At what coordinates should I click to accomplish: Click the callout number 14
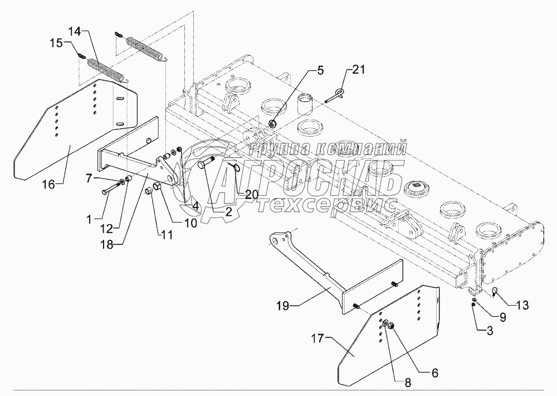point(75,31)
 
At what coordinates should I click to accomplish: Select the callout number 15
point(56,43)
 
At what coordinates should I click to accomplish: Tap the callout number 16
point(48,185)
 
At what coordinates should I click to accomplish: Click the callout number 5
point(320,70)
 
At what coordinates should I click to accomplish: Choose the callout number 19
point(284,306)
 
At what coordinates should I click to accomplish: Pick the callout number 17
point(319,339)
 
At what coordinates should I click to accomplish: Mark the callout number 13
point(522,305)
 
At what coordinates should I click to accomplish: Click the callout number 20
point(252,195)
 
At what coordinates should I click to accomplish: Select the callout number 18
point(106,244)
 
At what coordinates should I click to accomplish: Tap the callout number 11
point(165,235)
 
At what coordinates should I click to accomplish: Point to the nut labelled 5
point(273,124)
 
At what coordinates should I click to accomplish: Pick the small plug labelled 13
point(495,292)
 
